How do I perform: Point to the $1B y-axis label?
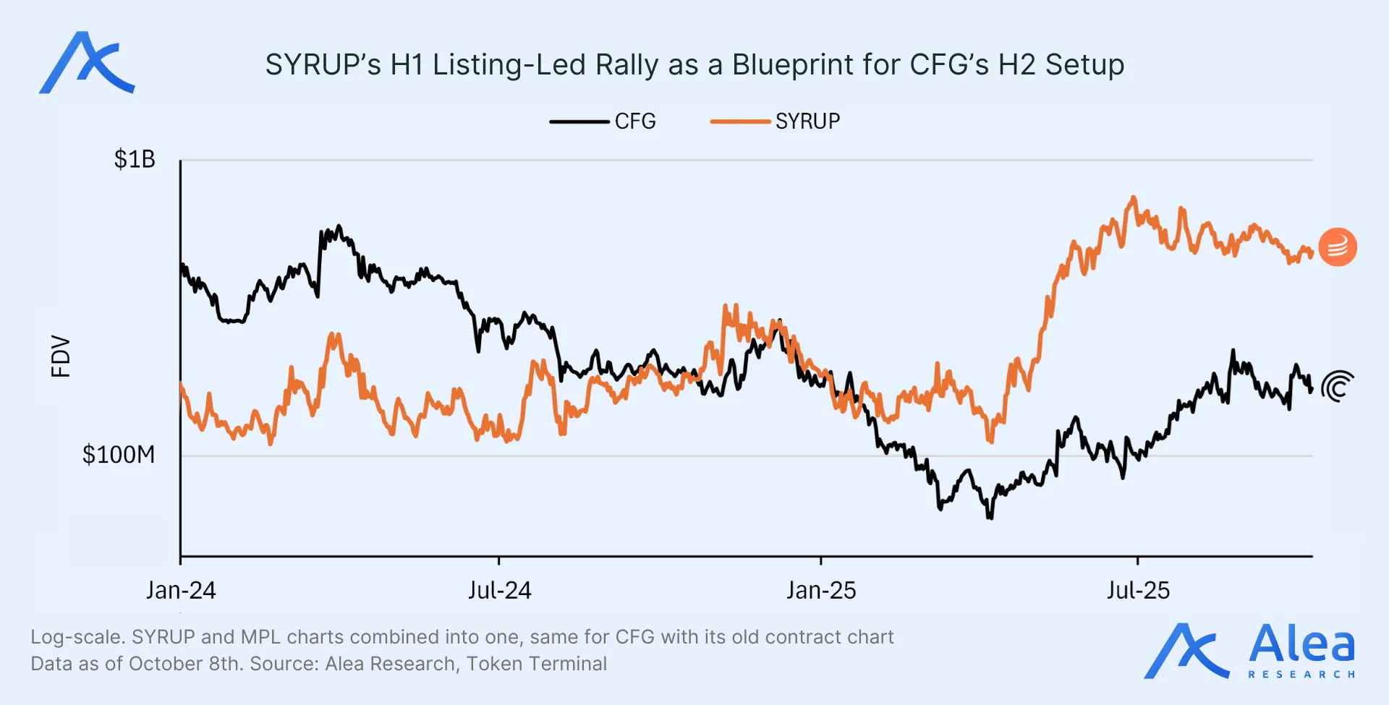[135, 159]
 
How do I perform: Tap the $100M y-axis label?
[119, 455]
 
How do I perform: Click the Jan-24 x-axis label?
[181, 591]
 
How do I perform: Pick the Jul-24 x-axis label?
[499, 591]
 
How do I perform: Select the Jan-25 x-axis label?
[821, 591]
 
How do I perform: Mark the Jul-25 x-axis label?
[1137, 591]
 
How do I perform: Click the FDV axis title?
[61, 356]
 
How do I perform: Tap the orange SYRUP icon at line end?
[1338, 247]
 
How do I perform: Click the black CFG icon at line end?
[1338, 387]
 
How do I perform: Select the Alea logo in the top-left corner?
[87, 63]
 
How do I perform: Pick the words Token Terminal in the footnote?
[536, 664]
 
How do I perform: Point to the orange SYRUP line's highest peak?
[1133, 197]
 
